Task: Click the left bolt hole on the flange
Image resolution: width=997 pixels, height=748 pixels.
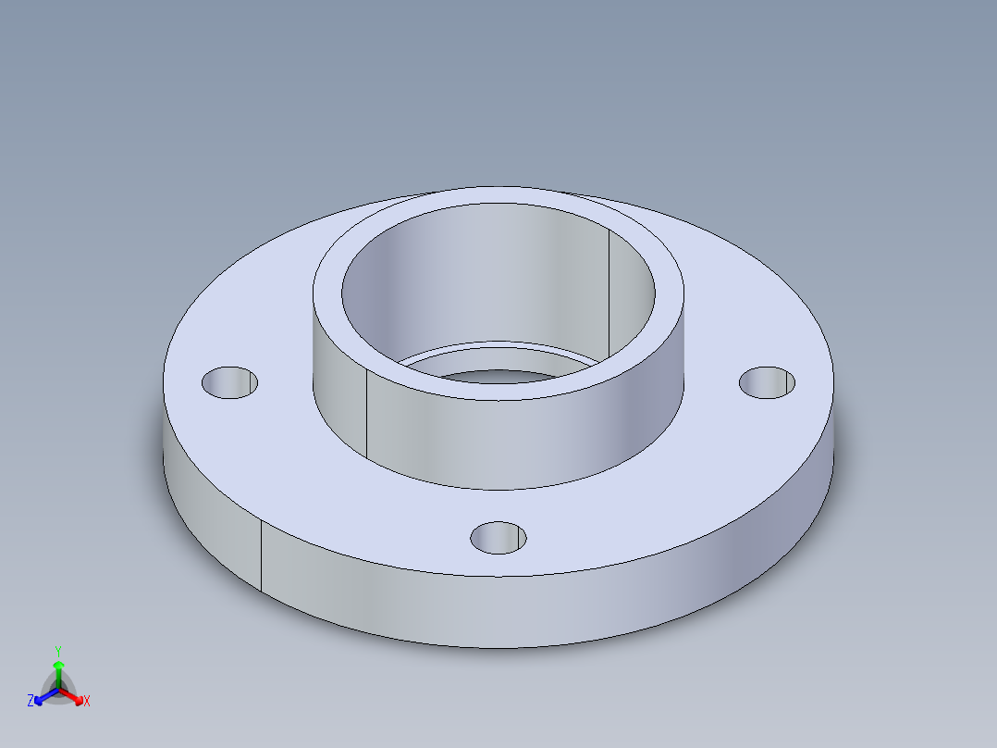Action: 229,382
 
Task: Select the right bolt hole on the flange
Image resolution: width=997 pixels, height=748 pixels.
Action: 768,382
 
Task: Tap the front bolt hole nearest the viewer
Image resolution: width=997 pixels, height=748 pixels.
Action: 498,537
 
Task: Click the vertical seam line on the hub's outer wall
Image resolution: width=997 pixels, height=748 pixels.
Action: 366,417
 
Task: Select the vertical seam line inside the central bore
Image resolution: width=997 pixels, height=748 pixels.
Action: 609,287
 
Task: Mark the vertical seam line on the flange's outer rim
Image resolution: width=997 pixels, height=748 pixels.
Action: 261,555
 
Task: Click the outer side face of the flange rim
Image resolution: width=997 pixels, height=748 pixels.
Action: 499,611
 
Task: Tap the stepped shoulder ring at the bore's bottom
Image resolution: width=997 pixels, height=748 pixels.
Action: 499,356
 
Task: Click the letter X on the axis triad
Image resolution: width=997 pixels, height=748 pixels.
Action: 87,701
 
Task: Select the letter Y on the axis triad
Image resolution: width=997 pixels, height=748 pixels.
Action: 58,651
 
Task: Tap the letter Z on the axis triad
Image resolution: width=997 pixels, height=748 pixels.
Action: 31,701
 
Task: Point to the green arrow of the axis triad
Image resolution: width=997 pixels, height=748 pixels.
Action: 58,668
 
